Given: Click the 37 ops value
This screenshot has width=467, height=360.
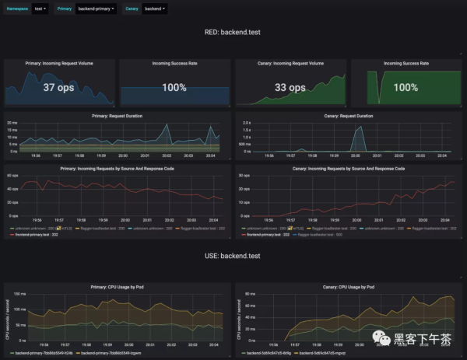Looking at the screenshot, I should click(59, 88).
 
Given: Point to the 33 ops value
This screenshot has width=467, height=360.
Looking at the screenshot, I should click(290, 88).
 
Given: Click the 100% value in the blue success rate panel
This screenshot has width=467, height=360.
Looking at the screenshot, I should click(174, 88).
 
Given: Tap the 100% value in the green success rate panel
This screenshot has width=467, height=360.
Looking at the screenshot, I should click(406, 88).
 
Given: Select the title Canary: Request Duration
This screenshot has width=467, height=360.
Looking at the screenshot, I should click(348, 116).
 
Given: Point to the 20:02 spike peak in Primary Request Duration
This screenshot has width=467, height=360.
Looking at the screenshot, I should click(166, 125).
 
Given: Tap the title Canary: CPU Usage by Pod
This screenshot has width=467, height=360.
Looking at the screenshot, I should click(348, 285).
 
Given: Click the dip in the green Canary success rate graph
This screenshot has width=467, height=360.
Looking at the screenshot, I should click(380, 100).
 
